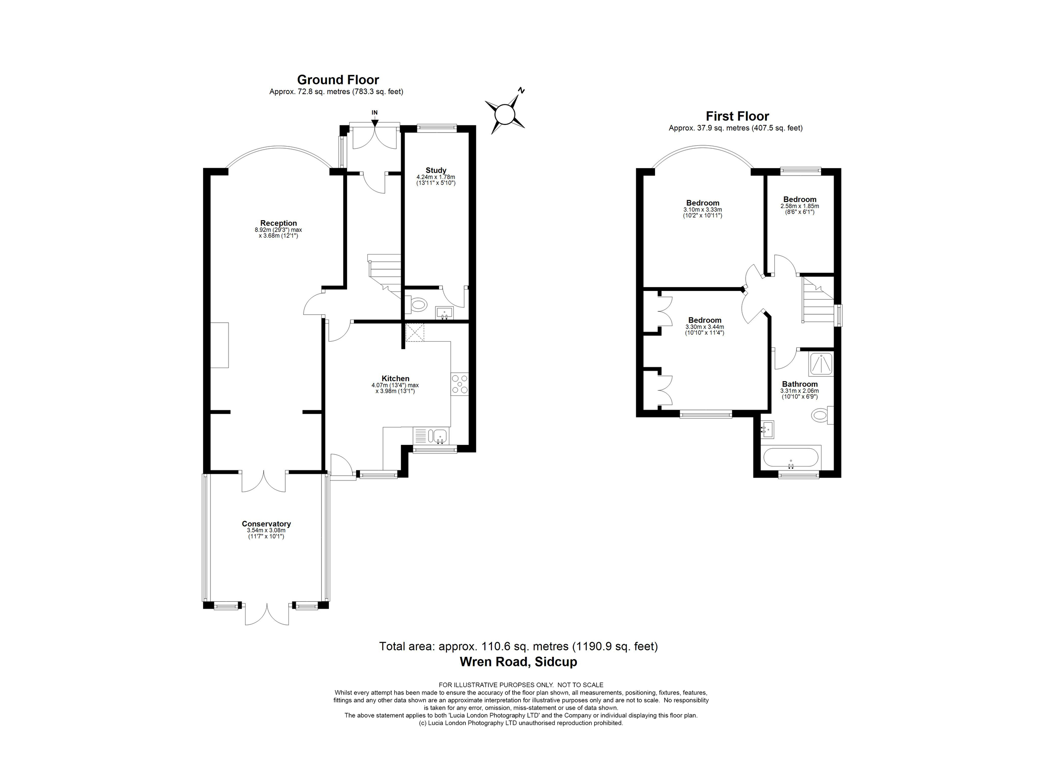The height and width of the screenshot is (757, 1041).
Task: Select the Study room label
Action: tap(435, 170)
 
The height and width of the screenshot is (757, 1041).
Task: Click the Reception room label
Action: tap(278, 223)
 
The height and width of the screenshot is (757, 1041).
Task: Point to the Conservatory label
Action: tap(266, 524)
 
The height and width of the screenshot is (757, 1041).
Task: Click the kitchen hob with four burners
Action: tap(459, 385)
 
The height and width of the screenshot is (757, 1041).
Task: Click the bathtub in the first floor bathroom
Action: tap(790, 457)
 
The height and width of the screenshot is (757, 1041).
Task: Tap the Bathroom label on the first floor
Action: tap(799, 384)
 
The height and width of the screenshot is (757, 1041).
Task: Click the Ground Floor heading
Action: tap(338, 80)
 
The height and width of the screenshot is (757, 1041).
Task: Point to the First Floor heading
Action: tap(737, 116)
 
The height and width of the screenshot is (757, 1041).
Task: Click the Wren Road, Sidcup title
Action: tap(518, 662)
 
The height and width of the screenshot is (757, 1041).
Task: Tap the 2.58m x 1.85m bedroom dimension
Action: tap(799, 206)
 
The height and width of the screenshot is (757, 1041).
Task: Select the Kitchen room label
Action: tap(395, 378)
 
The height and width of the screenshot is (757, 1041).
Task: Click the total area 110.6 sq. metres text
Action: tap(518, 646)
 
